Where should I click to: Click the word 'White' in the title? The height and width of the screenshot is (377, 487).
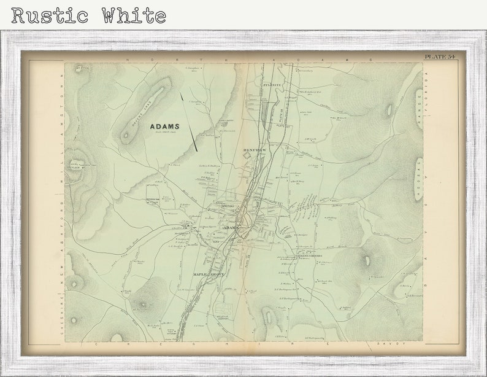[x=134, y=15]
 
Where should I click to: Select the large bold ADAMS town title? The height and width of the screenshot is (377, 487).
[x=165, y=126]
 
